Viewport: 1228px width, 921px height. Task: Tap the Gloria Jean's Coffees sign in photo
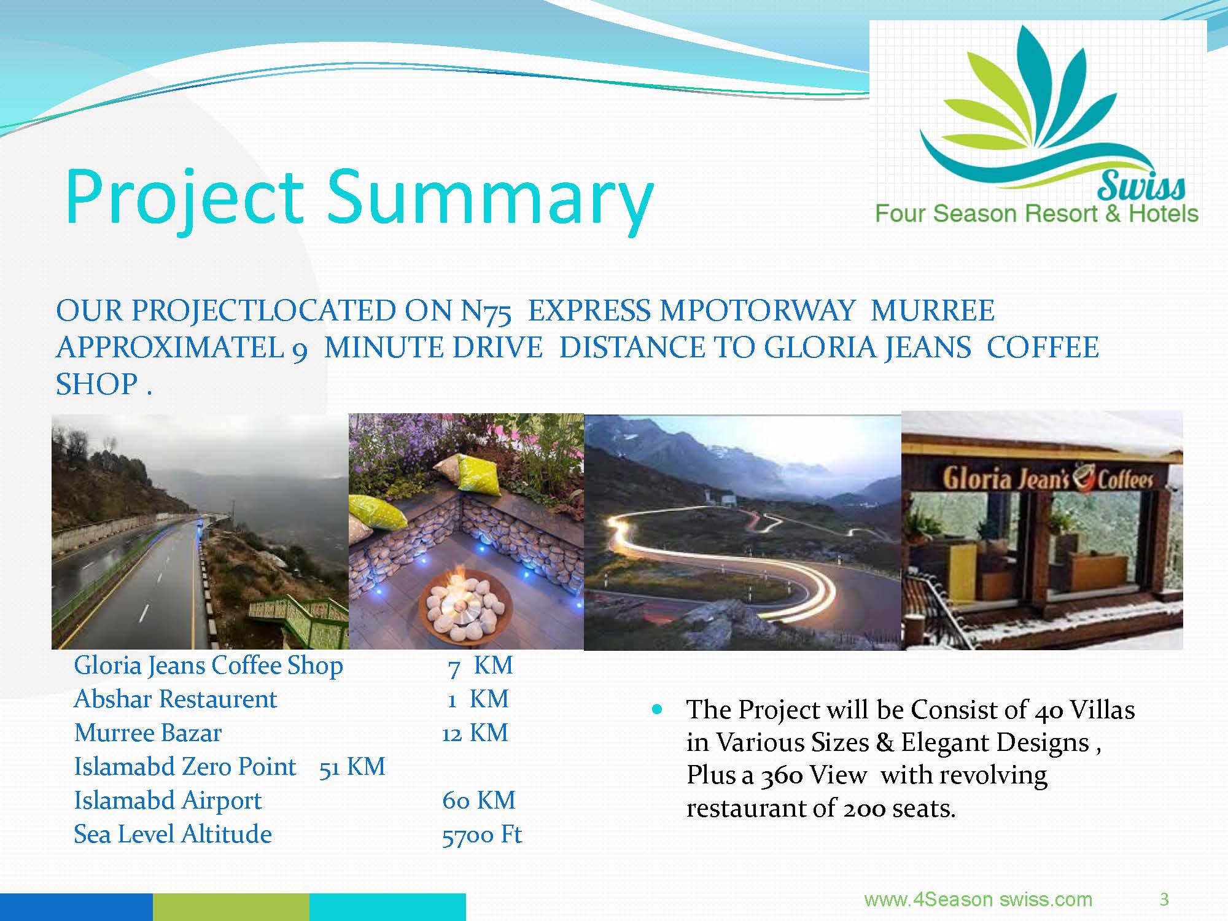[x=1047, y=479]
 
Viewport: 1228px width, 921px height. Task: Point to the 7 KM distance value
[x=480, y=666]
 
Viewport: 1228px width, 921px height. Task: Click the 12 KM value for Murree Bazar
[x=475, y=733]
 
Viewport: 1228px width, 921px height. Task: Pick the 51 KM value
[x=352, y=767]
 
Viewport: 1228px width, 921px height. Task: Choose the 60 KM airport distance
[x=479, y=801]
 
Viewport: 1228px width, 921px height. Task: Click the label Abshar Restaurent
[x=176, y=699]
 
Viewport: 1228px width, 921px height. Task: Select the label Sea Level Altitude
[x=173, y=834]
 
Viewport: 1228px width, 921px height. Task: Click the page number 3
[x=1164, y=900]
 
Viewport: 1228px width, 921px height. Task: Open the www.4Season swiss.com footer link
[x=978, y=900]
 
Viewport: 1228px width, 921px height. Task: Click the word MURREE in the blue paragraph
[x=933, y=311]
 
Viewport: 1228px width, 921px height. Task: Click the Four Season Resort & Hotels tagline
[x=1036, y=214]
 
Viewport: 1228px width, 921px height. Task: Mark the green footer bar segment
[x=231, y=907]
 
